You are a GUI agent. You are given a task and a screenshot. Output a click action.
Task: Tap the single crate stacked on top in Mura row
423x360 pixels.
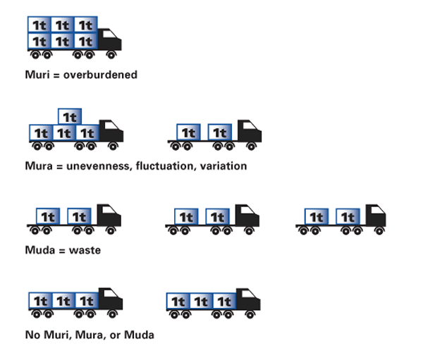click(68, 116)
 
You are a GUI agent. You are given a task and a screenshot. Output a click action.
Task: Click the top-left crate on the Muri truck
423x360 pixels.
click(39, 24)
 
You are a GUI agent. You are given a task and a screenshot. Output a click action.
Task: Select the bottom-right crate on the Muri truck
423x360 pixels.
click(85, 41)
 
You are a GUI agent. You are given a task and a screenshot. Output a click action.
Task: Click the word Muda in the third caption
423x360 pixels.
click(39, 249)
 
